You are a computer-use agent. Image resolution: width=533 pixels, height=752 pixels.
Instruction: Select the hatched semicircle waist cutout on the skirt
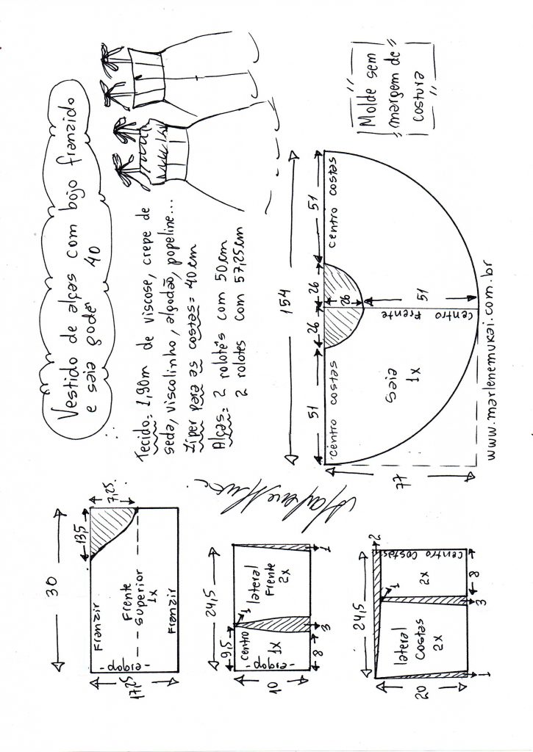(343, 303)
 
